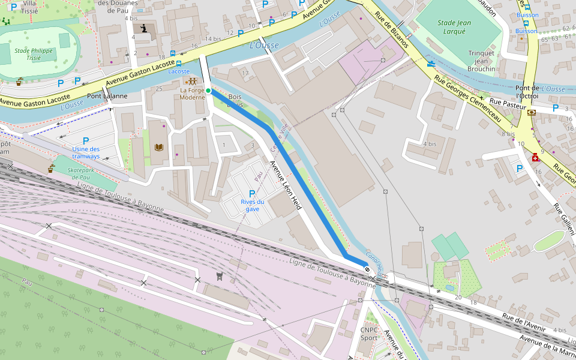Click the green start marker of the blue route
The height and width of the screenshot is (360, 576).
click(208, 91)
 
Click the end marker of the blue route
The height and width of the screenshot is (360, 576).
click(367, 270)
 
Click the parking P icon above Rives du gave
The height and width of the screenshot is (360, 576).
click(252, 193)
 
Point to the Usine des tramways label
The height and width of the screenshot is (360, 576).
click(86, 152)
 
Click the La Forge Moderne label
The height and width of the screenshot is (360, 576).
click(192, 94)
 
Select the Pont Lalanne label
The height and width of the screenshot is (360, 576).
click(107, 96)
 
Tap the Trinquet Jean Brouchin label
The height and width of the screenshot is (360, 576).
click(481, 61)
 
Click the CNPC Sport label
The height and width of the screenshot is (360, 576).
click(369, 334)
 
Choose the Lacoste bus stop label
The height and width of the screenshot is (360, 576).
click(179, 71)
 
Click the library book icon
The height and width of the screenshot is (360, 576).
click(159, 147)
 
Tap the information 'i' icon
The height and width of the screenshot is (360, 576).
click(143, 28)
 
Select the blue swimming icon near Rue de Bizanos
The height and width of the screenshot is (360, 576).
click(431, 63)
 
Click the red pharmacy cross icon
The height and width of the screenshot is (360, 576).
click(534, 157)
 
